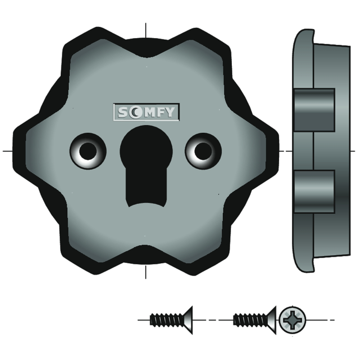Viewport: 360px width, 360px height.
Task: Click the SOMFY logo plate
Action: (x=146, y=112)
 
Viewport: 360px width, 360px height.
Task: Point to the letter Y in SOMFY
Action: (x=170, y=112)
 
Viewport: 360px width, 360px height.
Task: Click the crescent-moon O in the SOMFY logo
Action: (x=134, y=112)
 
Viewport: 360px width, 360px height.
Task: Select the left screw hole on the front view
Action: (x=88, y=151)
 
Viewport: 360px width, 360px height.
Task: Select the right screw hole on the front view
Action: (x=203, y=151)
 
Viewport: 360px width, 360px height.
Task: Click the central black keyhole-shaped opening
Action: (x=146, y=165)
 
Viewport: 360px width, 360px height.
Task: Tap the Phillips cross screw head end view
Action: (x=292, y=320)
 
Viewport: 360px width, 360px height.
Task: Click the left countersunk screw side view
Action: (x=171, y=320)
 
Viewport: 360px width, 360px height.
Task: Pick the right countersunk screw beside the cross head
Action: (x=255, y=320)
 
